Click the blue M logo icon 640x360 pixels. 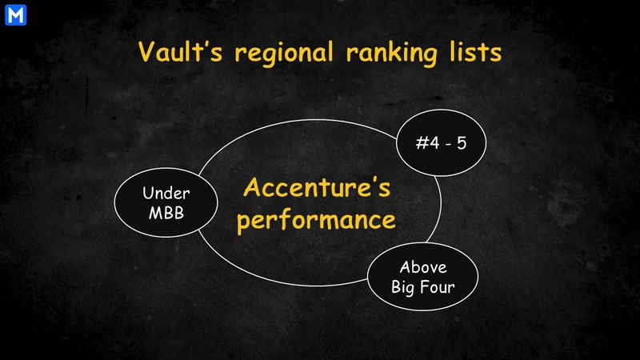(x=14, y=14)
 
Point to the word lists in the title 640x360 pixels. (x=474, y=52)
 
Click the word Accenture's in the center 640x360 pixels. (x=317, y=190)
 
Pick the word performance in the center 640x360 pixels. (x=317, y=219)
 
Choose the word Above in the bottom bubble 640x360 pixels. (x=423, y=268)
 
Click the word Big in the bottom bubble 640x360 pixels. (x=404, y=287)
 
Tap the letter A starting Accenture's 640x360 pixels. (x=252, y=190)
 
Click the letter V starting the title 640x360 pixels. (x=146, y=52)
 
